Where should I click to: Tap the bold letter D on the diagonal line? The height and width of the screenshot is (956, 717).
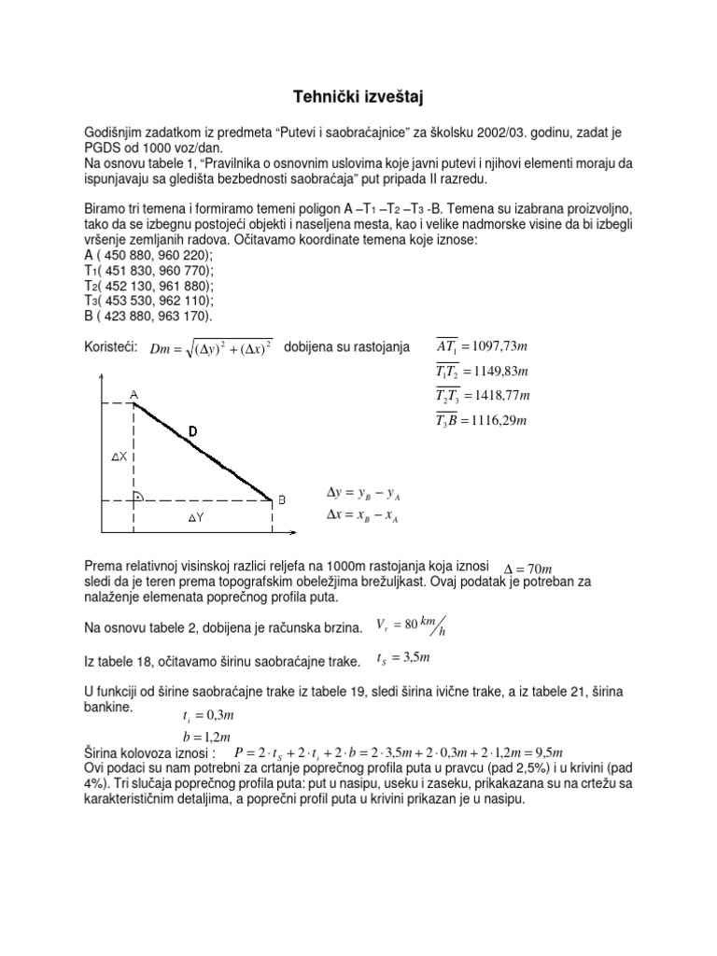pyautogui.click(x=192, y=430)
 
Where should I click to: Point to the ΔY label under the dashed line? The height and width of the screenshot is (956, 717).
pyautogui.click(x=196, y=517)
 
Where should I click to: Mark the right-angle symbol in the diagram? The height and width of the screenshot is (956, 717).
pyautogui.click(x=139, y=496)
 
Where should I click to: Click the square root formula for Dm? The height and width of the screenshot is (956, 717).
pyautogui.click(x=211, y=348)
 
